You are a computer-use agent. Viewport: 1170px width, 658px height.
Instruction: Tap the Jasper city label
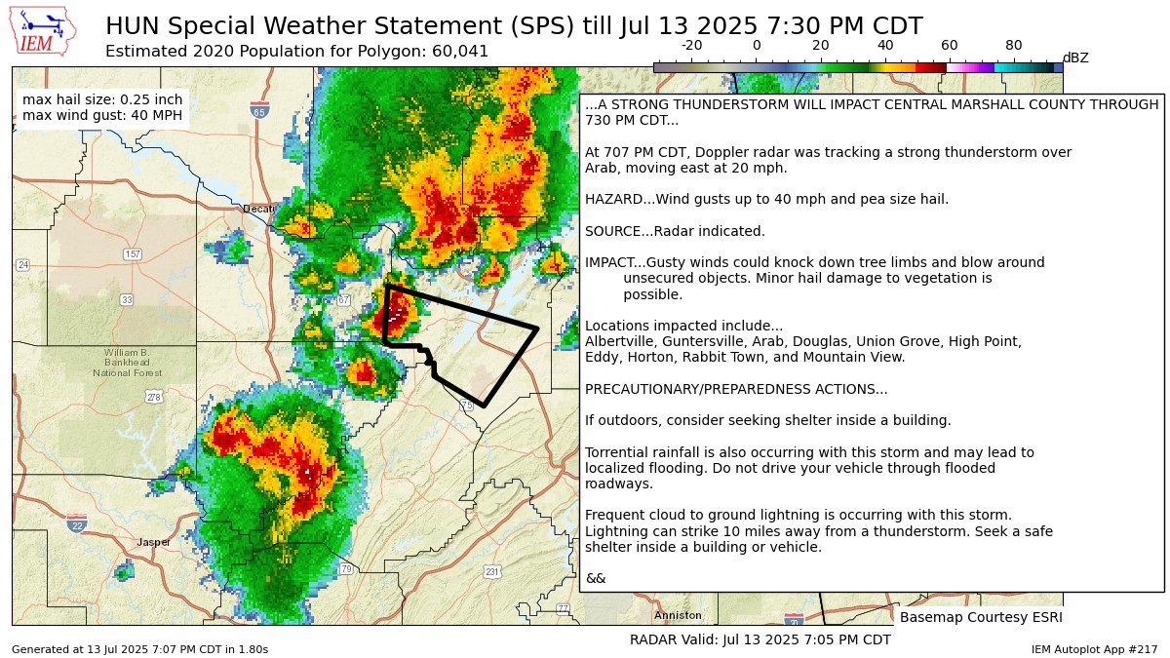point(153,542)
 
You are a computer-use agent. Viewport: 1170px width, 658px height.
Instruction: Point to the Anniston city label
point(678,615)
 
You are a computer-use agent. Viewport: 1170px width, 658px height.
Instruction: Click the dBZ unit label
point(1074,58)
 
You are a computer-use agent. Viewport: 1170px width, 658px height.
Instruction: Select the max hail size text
point(101,99)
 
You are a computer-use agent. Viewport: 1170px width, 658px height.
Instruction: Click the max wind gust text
point(101,117)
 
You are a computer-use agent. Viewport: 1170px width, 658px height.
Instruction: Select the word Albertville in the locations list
point(618,341)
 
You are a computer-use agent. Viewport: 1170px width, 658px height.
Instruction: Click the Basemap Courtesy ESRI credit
point(980,617)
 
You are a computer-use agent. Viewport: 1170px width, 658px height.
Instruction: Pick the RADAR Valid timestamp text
point(760,639)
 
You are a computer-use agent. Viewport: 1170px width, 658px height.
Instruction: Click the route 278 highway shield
point(153,397)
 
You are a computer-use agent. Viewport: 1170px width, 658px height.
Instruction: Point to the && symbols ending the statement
point(595,578)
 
